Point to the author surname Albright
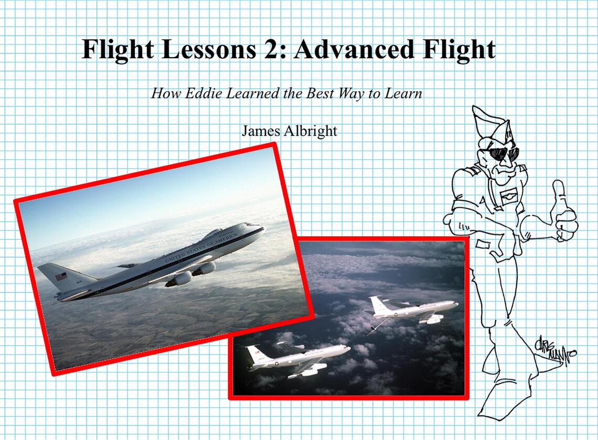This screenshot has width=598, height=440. (x=311, y=130)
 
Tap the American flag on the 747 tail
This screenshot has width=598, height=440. (x=61, y=276)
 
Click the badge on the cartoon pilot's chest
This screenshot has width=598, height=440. (x=507, y=197)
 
